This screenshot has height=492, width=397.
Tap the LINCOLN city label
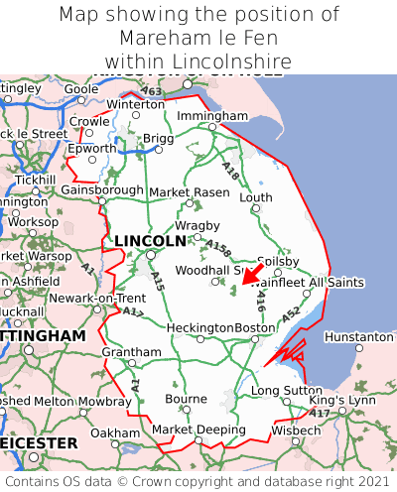(x=150, y=241)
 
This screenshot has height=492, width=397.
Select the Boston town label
(x=254, y=327)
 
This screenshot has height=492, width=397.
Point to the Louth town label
(x=255, y=197)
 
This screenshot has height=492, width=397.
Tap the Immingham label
(x=212, y=116)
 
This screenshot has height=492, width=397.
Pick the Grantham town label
(x=131, y=352)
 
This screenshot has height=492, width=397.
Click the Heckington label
(x=199, y=327)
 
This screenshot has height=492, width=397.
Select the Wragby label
(x=197, y=225)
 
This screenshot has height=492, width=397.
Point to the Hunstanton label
(x=359, y=337)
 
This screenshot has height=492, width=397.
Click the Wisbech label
(x=295, y=431)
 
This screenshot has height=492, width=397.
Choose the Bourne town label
(x=186, y=399)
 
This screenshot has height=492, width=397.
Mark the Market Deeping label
(x=198, y=430)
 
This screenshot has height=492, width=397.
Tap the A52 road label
(x=291, y=314)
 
